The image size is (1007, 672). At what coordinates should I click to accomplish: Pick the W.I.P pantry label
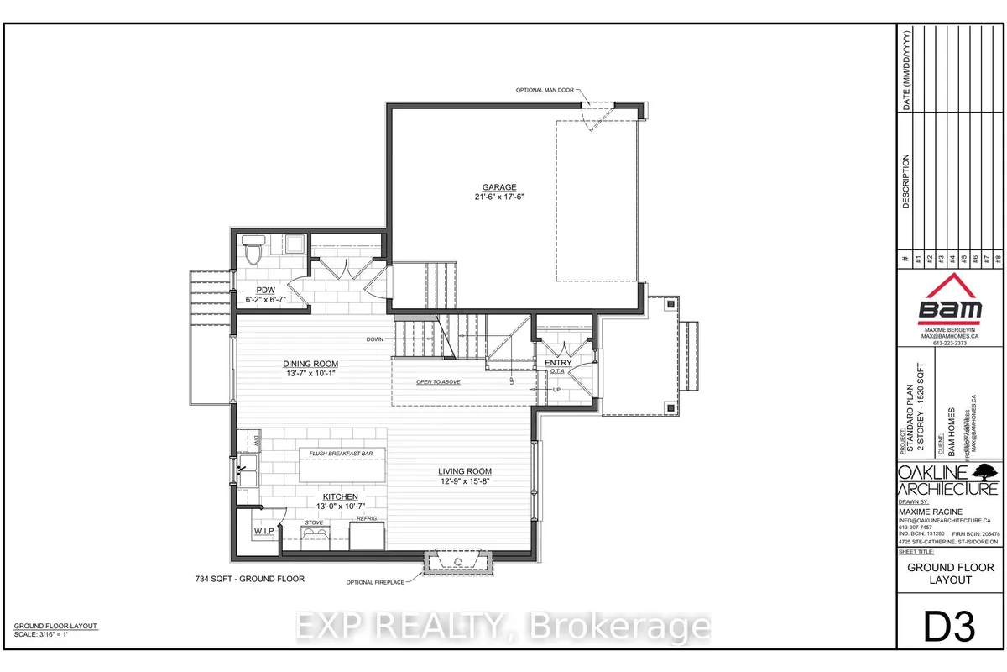265,532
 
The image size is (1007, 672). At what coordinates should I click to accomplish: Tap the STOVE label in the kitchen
315,522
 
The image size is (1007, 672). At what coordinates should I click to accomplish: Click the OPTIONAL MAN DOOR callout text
545,90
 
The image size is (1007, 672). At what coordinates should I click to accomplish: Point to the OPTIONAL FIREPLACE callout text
374,581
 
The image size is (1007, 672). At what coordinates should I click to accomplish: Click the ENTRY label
558,363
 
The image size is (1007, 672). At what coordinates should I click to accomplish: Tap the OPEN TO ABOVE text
441,382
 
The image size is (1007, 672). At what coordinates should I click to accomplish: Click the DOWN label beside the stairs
375,339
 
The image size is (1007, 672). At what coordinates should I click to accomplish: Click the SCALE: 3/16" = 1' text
48,636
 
